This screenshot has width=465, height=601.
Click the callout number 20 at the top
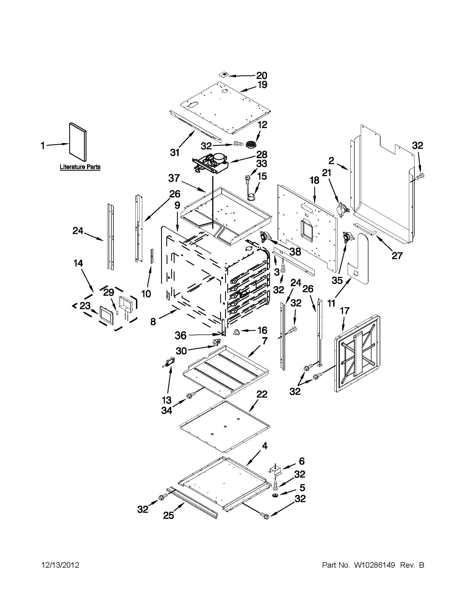click(261, 75)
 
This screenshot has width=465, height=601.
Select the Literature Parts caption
click(80, 167)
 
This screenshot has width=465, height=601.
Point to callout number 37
click(174, 178)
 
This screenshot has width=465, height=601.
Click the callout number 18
click(314, 180)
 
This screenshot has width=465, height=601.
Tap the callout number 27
click(397, 256)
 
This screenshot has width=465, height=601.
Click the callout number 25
click(168, 516)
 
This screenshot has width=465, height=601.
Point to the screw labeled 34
click(189, 396)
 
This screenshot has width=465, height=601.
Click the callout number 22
click(261, 394)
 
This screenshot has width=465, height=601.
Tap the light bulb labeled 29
click(117, 313)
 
